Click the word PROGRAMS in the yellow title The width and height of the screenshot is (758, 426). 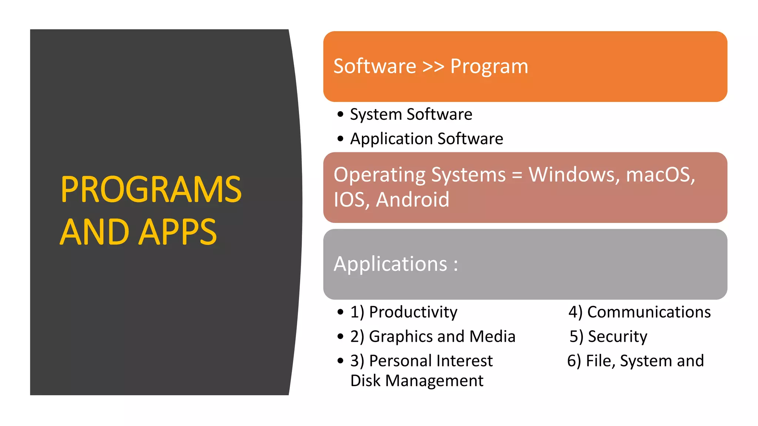click(151, 189)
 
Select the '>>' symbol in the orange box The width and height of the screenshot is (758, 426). click(433, 67)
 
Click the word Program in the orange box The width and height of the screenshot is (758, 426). click(489, 67)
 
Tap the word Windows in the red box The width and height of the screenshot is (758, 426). click(574, 175)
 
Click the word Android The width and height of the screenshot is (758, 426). click(412, 200)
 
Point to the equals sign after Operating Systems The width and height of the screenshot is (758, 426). click(517, 175)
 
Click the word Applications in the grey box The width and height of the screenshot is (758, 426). click(390, 264)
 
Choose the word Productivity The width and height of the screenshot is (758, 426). click(413, 312)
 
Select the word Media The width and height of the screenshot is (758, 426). click(492, 337)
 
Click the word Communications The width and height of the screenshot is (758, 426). click(649, 312)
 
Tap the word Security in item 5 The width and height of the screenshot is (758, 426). click(617, 337)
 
